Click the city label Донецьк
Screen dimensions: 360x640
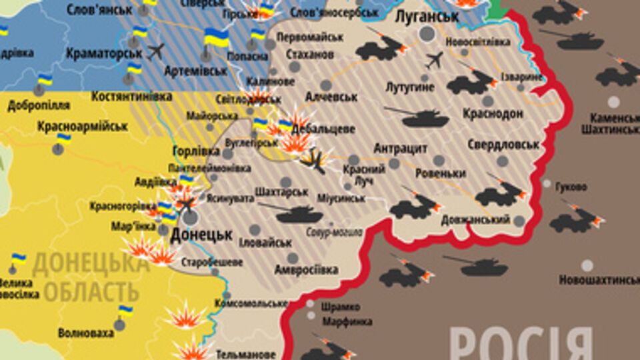pos(201,235)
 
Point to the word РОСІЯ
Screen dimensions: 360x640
pos(521,344)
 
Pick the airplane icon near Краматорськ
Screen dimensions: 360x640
pos(155,51)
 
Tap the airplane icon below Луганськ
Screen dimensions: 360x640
pos(434,59)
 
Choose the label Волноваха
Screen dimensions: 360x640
pos(86,332)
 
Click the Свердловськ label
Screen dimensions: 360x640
pos(503,144)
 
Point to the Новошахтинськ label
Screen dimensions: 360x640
pos(598,280)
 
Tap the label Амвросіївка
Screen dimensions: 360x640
pos(306,270)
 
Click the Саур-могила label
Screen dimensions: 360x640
pos(335,233)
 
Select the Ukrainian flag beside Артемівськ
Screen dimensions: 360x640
pos(135,68)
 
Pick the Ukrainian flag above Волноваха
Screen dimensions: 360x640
pos(125,310)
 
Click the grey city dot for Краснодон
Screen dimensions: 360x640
pos(488,101)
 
